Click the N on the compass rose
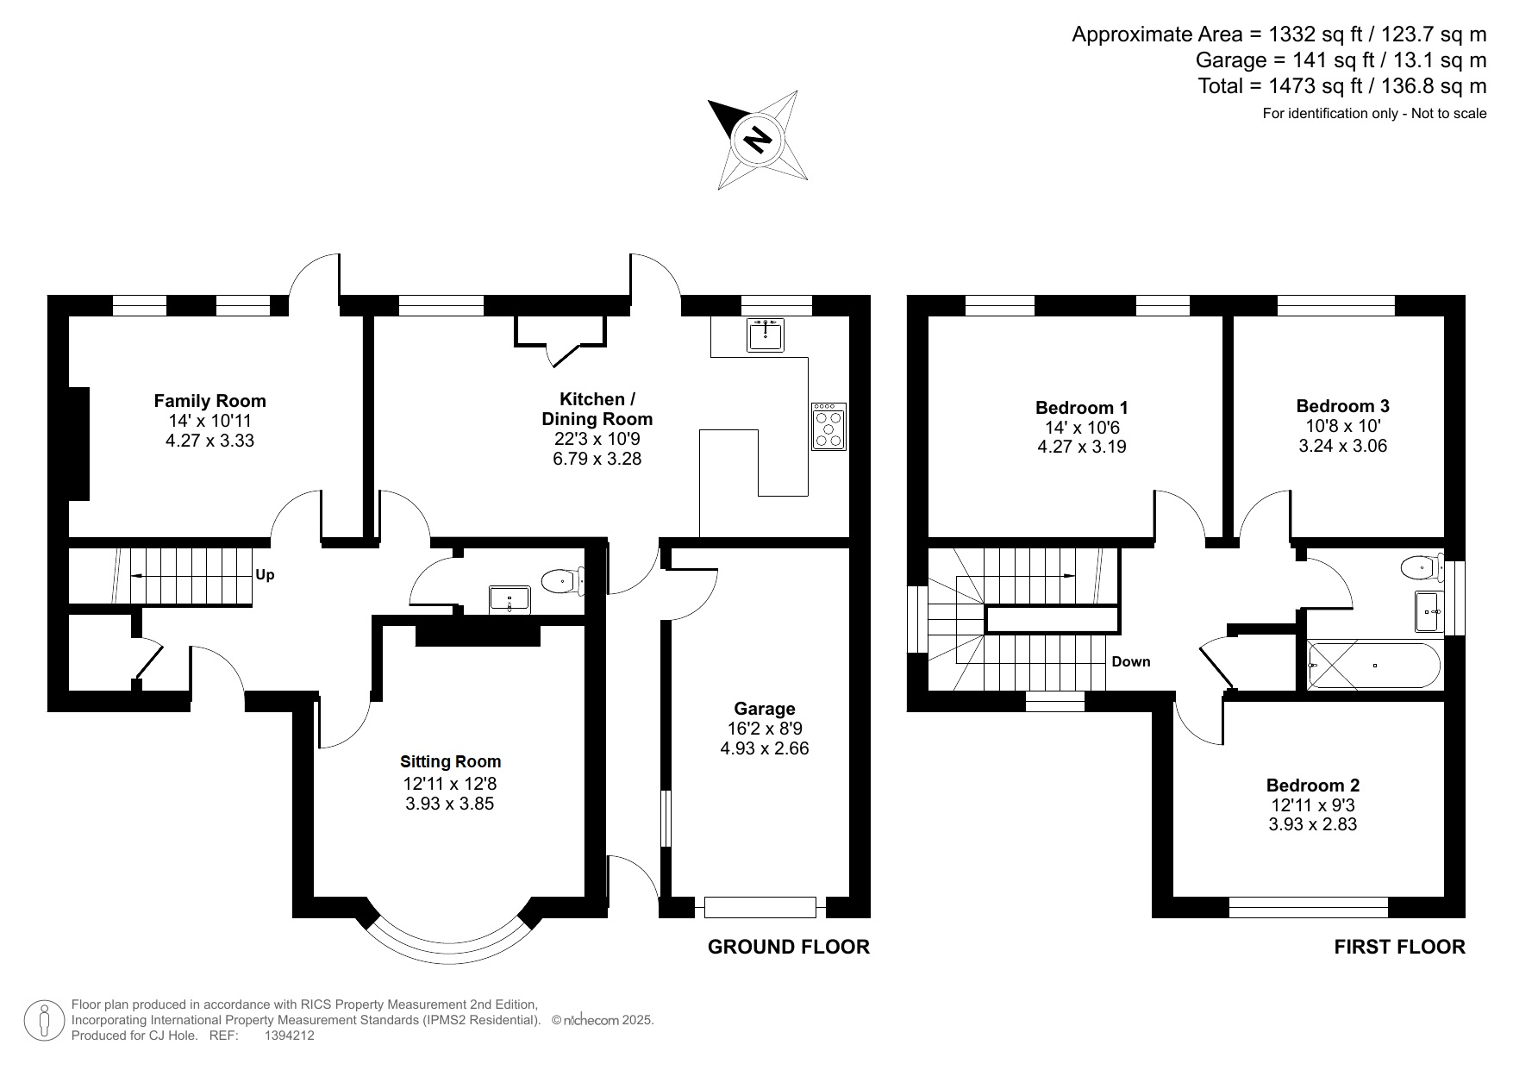pyautogui.click(x=758, y=139)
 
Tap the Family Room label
pyautogui.click(x=209, y=400)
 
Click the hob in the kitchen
pyautogui.click(x=828, y=426)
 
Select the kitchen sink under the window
pyautogui.click(x=766, y=335)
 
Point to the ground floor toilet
pyautogui.click(x=561, y=582)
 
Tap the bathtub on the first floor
pyautogui.click(x=1373, y=665)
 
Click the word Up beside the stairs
pyautogui.click(x=265, y=574)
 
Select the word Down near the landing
pyautogui.click(x=1130, y=661)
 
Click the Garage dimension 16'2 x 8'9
pyautogui.click(x=764, y=729)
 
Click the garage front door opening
pyautogui.click(x=760, y=907)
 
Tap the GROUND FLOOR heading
pyautogui.click(x=788, y=947)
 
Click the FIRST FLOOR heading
pyautogui.click(x=1398, y=947)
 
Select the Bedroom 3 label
pyautogui.click(x=1342, y=406)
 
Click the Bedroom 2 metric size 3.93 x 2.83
pyautogui.click(x=1312, y=824)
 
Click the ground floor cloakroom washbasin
pyautogui.click(x=510, y=598)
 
